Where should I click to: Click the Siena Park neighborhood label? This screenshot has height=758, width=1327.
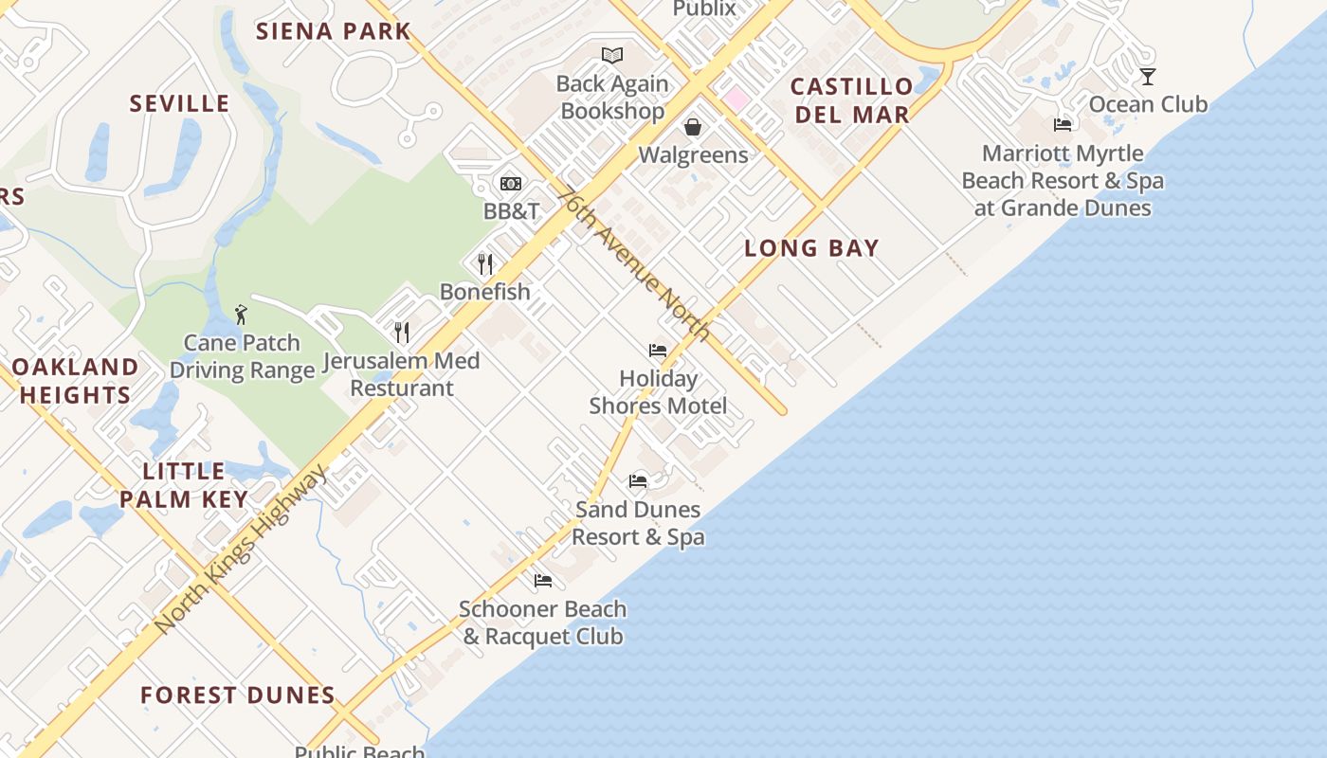333,30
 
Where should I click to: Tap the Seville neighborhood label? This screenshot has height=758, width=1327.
179,103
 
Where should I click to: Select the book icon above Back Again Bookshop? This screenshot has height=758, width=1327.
612,55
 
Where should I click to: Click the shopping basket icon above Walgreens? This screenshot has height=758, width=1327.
693,127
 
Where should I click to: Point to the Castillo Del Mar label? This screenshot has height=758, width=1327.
851,100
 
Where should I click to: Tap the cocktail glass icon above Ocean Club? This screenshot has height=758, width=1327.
1148,77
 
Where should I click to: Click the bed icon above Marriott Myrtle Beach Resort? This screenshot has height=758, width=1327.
1063,125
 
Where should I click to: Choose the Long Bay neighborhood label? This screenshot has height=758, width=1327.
811,248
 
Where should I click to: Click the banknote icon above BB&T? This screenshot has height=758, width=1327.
511,184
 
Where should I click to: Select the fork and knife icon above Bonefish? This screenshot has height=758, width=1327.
485,263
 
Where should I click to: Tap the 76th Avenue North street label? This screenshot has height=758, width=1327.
633,263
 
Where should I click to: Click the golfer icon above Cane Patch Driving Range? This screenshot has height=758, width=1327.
241,315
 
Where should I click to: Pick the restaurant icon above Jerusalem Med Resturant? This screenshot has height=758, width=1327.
402,332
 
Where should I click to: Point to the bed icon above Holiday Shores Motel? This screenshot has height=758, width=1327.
658,351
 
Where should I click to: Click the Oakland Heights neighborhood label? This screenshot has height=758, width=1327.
75,381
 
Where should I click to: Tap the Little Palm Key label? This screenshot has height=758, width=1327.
184,485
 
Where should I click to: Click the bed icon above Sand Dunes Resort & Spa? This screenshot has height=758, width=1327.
638,481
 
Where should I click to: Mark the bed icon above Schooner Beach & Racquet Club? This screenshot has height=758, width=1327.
543,581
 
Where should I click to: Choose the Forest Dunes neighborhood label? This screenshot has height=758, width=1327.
238,695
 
